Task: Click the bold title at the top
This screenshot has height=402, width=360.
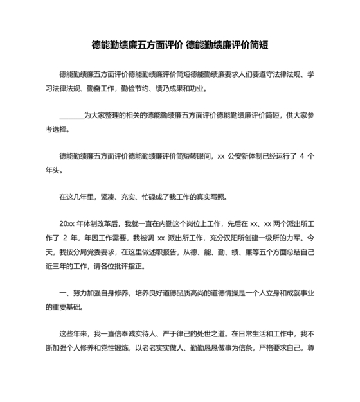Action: point(180,46)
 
